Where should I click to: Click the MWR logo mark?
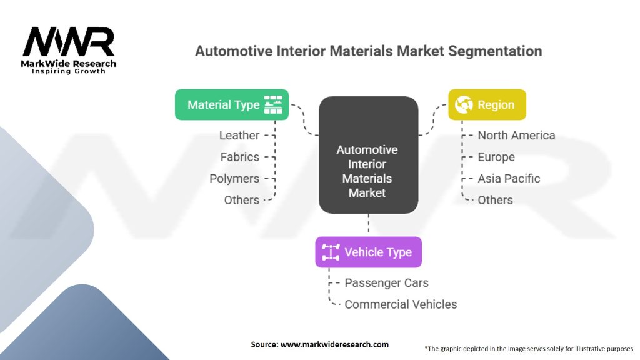coord(69,42)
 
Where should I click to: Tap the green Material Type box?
coord(232,105)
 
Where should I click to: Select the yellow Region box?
coord(487,105)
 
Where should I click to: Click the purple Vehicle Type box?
coord(369,252)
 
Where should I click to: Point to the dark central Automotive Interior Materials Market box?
coord(369,155)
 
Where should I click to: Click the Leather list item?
coord(239,136)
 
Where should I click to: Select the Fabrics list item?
coord(239,157)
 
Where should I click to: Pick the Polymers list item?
coord(234,179)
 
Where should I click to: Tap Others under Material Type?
coord(242,201)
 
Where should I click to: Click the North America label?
coord(516,136)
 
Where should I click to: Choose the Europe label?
coord(496,157)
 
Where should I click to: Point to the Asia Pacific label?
coord(509,179)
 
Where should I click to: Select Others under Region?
coord(496,201)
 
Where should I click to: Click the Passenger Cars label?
coord(386,283)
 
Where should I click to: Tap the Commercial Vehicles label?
coord(401,304)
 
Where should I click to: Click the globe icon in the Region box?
coord(464,105)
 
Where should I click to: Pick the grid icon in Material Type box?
coord(274,105)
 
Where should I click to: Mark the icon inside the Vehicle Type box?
coord(331,252)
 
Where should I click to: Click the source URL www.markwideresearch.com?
coord(335,344)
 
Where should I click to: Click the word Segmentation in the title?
coord(495,51)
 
